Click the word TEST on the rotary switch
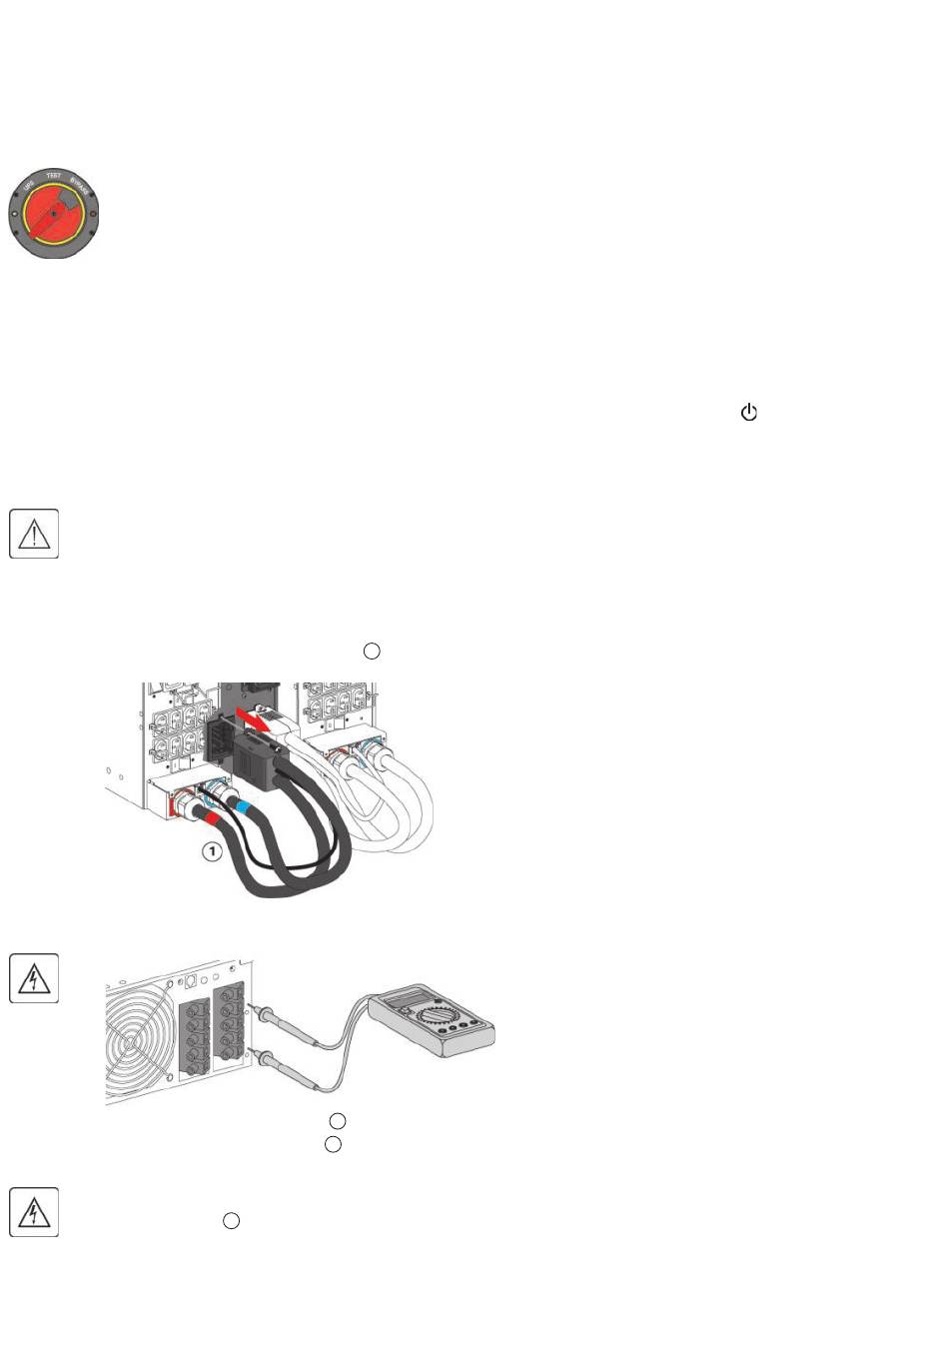(54, 176)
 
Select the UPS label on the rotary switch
(28, 187)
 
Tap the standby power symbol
(749, 412)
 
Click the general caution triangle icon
(34, 534)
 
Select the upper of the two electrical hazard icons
(34, 979)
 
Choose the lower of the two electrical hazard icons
(34, 1212)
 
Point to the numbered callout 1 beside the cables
(211, 851)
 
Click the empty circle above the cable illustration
(371, 652)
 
